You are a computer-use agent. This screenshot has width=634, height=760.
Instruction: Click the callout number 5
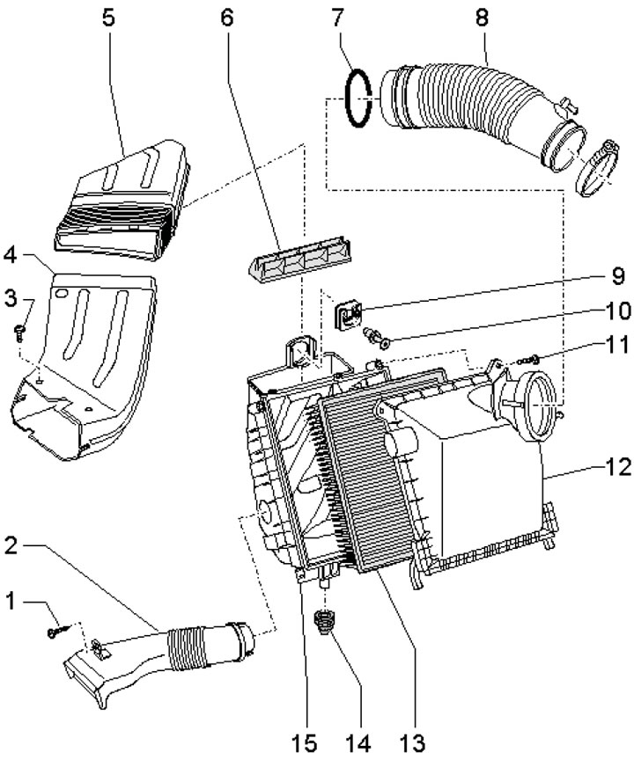tap(108, 18)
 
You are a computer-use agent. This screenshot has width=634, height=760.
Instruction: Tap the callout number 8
tap(481, 18)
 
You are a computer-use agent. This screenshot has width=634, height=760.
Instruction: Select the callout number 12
tap(618, 467)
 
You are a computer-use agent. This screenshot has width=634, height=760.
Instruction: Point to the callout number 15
tap(304, 743)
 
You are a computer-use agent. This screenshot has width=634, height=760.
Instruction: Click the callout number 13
tap(412, 743)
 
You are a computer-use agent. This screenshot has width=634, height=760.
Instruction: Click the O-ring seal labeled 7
tap(358, 99)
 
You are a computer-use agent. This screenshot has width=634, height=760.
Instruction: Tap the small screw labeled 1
tap(58, 631)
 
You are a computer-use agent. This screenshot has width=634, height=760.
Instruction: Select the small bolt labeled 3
tap(20, 332)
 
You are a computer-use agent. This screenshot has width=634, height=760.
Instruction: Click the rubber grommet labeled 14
tap(322, 621)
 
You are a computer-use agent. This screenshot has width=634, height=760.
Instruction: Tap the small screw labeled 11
tap(530, 360)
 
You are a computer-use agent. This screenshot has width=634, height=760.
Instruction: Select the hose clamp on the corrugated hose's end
tap(595, 168)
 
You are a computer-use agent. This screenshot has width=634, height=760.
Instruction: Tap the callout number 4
tap(11, 256)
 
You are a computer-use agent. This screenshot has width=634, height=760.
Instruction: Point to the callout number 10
tap(618, 311)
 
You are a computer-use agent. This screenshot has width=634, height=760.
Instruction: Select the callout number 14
tap(358, 743)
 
